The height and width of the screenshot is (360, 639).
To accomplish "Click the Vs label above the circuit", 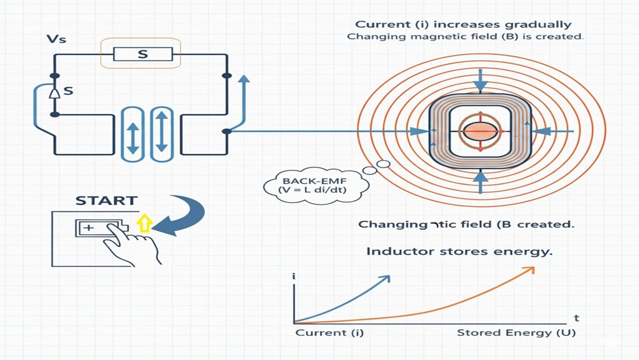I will [x=56, y=39].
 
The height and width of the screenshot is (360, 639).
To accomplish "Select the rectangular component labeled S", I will [x=142, y=54].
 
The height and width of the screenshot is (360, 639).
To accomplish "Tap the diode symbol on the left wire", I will [x=55, y=92].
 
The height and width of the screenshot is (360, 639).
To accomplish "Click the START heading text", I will [x=106, y=201].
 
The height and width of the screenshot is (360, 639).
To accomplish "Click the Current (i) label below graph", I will [x=329, y=332].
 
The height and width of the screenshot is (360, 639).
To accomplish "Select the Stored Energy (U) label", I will [x=516, y=332].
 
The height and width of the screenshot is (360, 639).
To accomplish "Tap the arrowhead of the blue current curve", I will [x=386, y=279].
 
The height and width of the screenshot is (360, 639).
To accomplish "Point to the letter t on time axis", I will [x=576, y=318].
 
